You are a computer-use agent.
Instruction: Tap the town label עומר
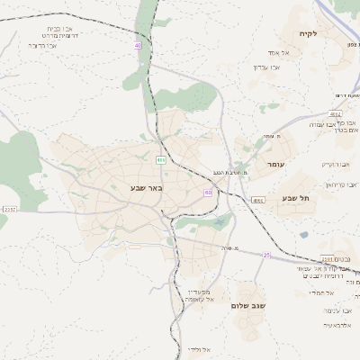tap(275, 165)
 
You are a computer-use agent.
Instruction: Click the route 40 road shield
tap(138, 45)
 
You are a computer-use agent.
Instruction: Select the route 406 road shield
tap(160, 160)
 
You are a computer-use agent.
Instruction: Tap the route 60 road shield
tap(208, 193)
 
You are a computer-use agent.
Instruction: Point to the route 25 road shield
tap(266, 256)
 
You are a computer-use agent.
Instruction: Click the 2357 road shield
tap(10, 209)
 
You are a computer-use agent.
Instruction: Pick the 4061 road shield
tap(258, 200)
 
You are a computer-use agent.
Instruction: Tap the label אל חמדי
tap(322, 292)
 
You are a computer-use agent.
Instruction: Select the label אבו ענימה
tap(325, 123)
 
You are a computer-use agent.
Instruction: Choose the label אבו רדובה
tap(42, 44)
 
